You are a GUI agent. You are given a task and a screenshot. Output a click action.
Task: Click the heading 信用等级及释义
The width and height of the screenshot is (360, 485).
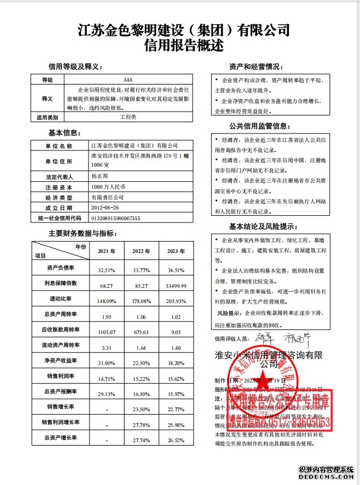click(x=75, y=66)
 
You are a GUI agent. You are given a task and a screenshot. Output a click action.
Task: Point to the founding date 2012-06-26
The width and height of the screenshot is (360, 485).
click(x=105, y=208)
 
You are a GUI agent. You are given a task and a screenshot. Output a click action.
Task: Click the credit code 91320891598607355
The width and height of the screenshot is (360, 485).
click(x=115, y=218)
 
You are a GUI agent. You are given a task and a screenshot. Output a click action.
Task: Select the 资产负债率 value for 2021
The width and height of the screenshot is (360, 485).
click(x=106, y=270)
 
